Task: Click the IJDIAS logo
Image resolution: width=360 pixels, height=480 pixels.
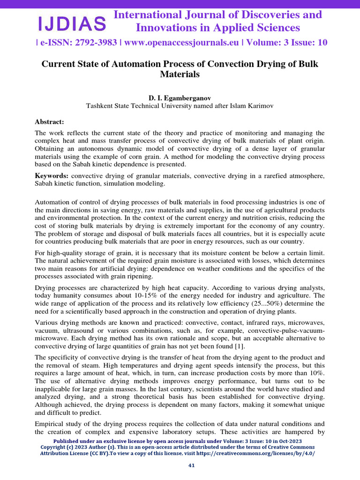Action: [x=72, y=22]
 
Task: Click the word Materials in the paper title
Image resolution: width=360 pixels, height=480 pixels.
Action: [x=180, y=74]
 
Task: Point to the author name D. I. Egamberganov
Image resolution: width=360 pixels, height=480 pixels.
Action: [x=180, y=98]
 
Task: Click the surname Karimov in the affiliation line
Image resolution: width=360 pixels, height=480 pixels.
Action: [x=261, y=106]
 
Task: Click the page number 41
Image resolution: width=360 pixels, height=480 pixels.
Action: [x=191, y=465]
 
